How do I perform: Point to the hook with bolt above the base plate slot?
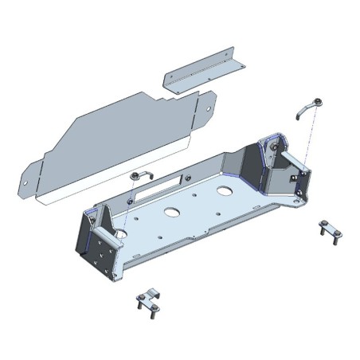[137, 177]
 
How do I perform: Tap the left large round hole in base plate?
[170, 213]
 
